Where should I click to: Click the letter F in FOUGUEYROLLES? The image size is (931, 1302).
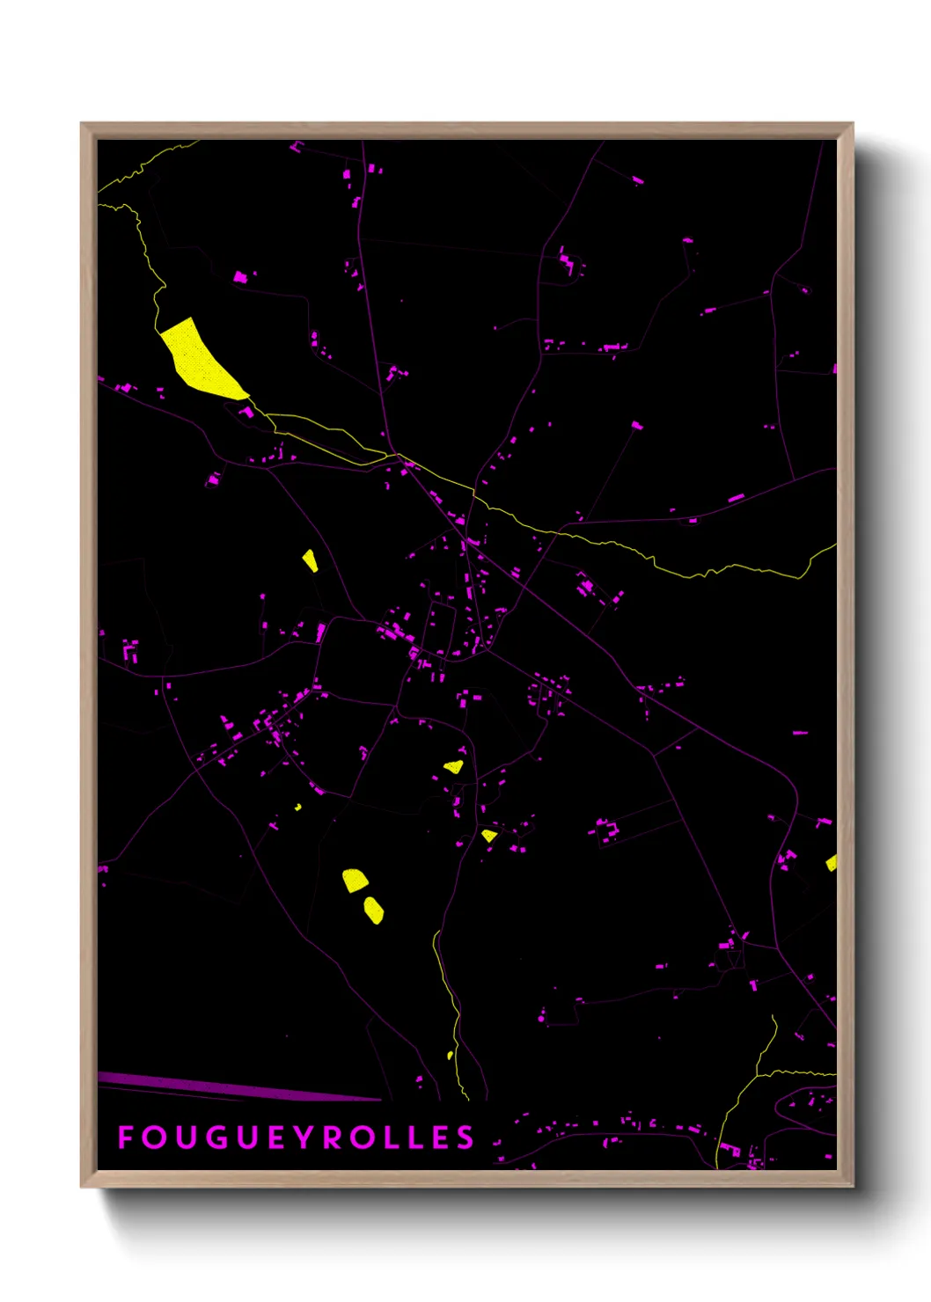pyautogui.click(x=126, y=1137)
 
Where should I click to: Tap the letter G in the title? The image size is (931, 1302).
pyautogui.click(x=216, y=1137)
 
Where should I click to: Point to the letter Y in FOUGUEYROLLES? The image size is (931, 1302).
pyautogui.click(x=302, y=1137)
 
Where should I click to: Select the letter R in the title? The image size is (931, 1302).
pyautogui.click(x=332, y=1137)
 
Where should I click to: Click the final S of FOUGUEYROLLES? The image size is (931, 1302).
pyautogui.click(x=465, y=1137)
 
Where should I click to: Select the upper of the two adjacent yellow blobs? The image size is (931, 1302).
pyautogui.click(x=355, y=880)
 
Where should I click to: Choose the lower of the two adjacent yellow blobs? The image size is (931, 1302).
pyautogui.click(x=374, y=910)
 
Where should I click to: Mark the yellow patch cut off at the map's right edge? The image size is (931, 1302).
pyautogui.click(x=832, y=863)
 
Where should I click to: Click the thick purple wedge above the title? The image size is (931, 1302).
pyautogui.click(x=220, y=1086)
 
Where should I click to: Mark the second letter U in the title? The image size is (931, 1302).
pyautogui.click(x=246, y=1137)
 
